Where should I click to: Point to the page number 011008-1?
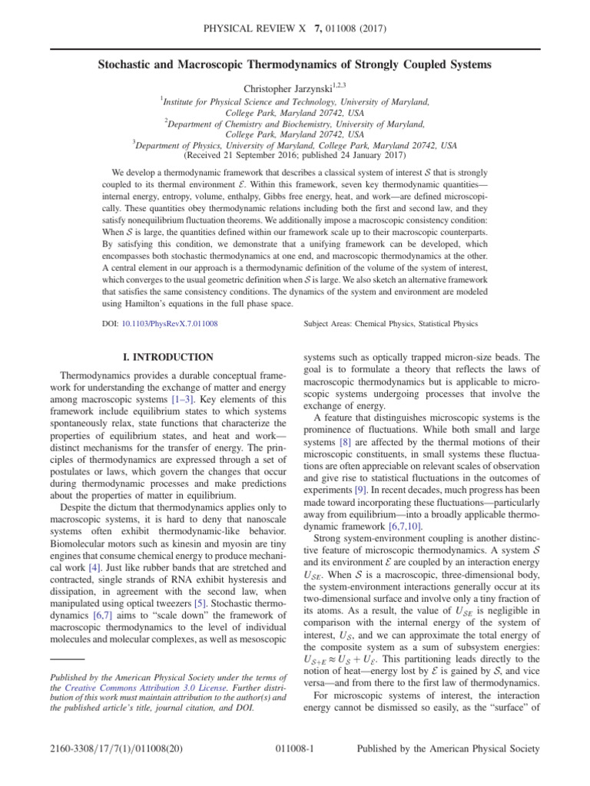pyautogui.click(x=295, y=768)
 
